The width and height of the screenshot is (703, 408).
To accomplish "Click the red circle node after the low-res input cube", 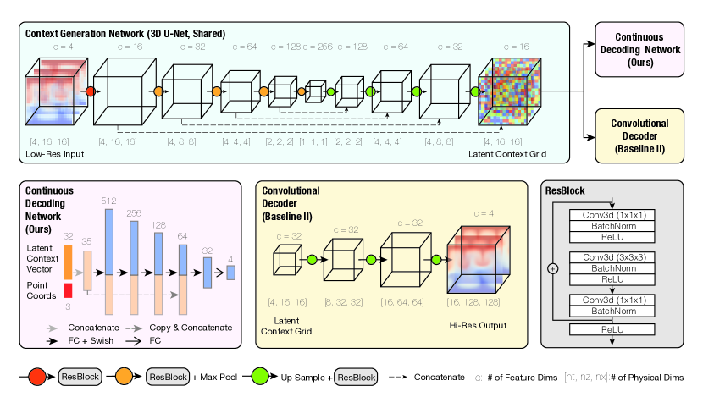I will [89, 90].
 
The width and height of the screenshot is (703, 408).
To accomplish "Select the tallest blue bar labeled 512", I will [109, 241].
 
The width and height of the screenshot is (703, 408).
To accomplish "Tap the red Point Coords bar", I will [69, 290].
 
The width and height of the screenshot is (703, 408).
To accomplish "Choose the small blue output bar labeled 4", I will [230, 272].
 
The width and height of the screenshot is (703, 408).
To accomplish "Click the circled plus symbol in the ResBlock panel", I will [553, 268].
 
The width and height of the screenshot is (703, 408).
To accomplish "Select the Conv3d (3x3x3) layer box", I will [612, 255].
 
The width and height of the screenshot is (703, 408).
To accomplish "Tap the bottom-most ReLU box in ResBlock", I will [612, 329].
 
